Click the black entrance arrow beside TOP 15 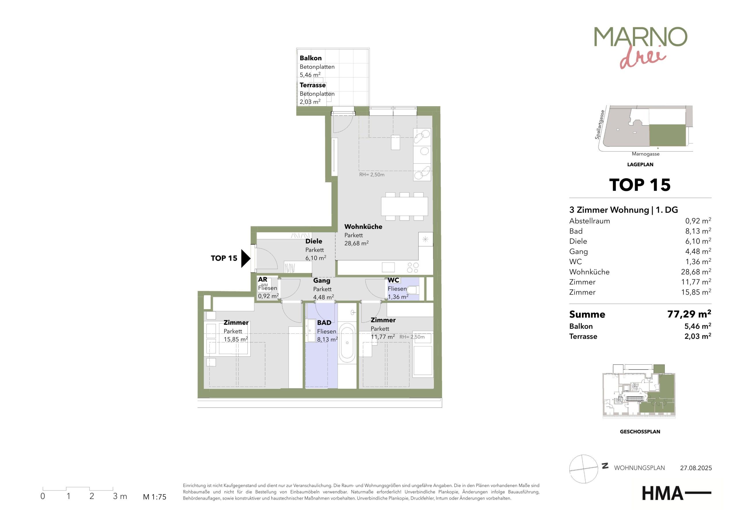(x=245, y=258)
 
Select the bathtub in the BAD (x=347, y=343)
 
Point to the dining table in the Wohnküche (x=405, y=206)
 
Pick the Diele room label (x=314, y=241)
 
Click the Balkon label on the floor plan (x=311, y=58)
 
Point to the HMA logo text (x=662, y=493)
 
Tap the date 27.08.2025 (x=696, y=468)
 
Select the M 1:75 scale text (x=155, y=497)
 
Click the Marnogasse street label (x=646, y=154)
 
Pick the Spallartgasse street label (x=600, y=125)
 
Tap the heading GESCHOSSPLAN (x=640, y=432)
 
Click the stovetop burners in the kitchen (x=413, y=268)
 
